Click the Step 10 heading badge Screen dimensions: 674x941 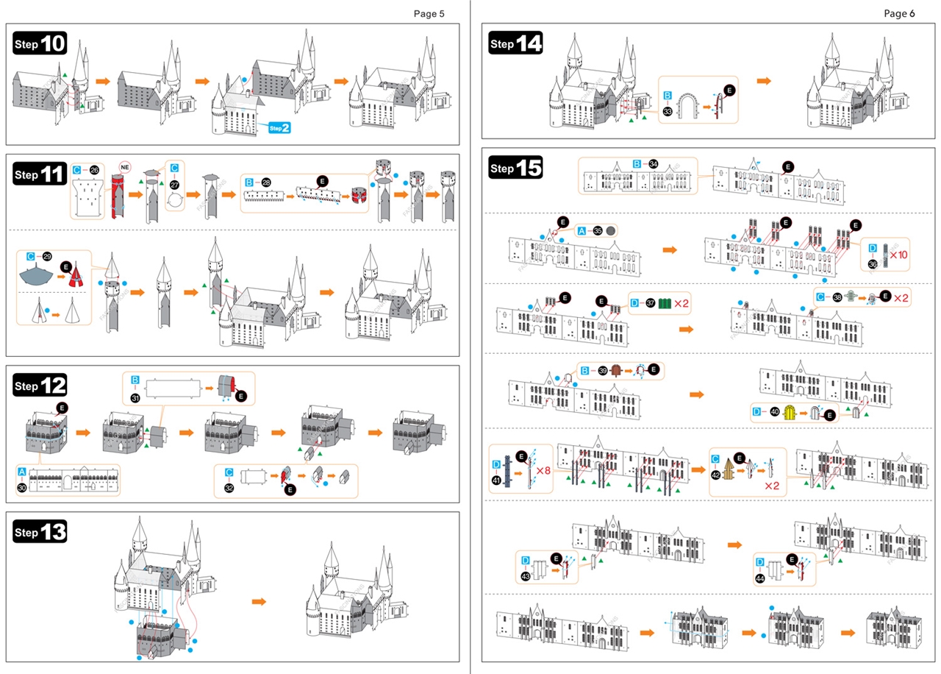click(x=40, y=44)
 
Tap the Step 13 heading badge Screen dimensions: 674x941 click(x=40, y=531)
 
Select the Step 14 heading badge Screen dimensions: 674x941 click(x=516, y=44)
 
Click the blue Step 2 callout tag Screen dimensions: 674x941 click(x=279, y=127)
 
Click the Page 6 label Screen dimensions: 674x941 click(x=900, y=13)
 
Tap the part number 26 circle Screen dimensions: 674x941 click(x=94, y=170)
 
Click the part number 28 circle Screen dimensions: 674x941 click(x=266, y=182)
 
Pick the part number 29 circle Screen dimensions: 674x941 click(x=47, y=256)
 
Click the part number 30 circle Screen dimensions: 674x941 click(x=22, y=487)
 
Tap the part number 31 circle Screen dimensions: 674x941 click(x=135, y=398)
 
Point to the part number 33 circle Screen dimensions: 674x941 click(x=668, y=112)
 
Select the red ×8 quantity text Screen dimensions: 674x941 click(x=544, y=470)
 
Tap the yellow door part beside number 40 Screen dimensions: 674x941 click(x=791, y=414)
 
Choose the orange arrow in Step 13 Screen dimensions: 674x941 click(x=258, y=601)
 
